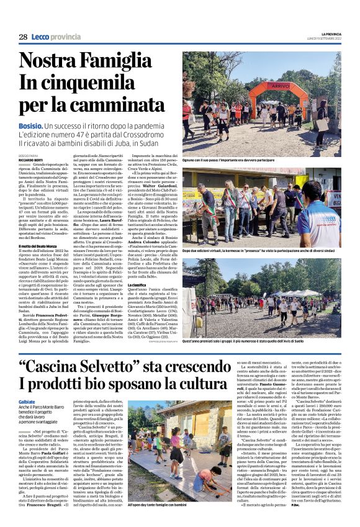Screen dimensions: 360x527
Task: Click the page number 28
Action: (22, 37)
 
